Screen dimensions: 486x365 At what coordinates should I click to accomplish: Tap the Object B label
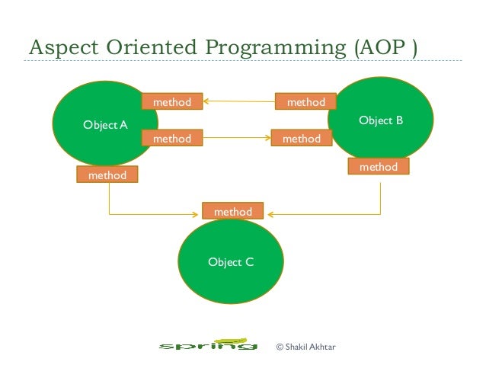point(380,120)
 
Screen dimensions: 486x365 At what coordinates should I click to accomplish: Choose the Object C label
point(231,263)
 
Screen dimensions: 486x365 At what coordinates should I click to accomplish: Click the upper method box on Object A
point(172,101)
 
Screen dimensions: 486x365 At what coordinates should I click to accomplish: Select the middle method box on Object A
point(172,139)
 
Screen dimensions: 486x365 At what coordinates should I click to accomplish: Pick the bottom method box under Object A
point(107,175)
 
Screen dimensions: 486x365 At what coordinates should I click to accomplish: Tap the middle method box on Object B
point(301,139)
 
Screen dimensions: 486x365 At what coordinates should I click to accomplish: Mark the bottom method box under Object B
point(379,166)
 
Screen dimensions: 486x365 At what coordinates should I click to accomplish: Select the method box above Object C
point(233,212)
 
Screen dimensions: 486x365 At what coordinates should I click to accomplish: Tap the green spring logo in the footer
point(206,347)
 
